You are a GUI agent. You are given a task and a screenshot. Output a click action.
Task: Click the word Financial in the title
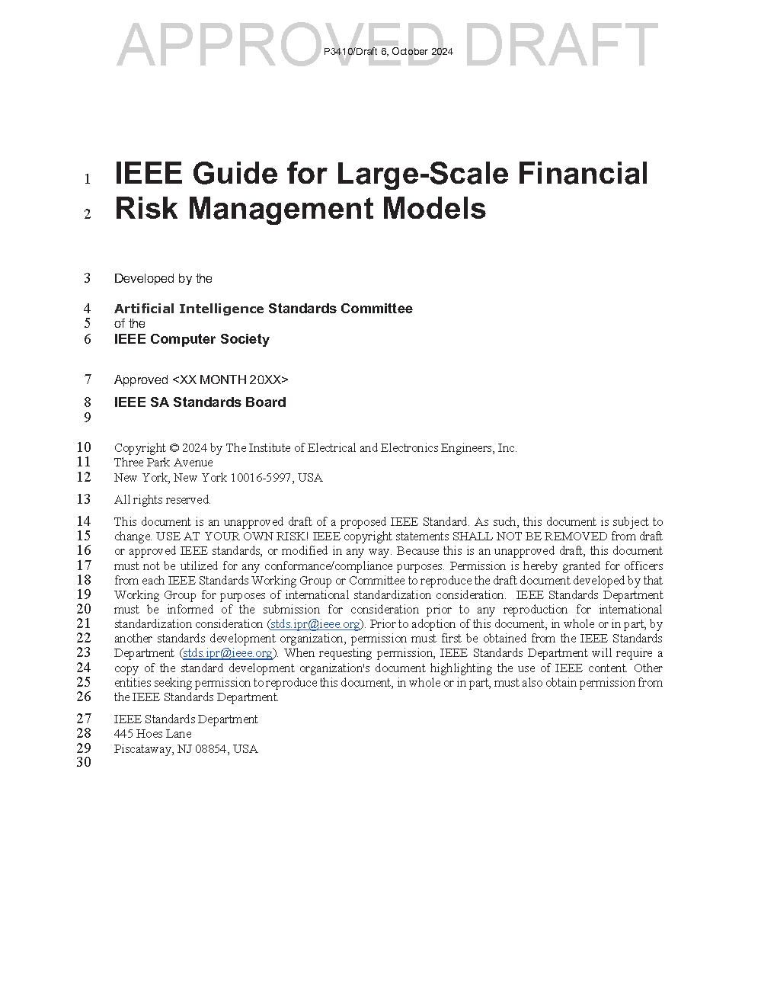[x=583, y=174]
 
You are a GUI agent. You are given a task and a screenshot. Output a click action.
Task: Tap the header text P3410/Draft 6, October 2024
[x=388, y=52]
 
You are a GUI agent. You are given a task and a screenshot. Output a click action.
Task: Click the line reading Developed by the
[x=163, y=279]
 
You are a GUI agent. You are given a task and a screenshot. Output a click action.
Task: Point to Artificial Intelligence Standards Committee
[x=263, y=309]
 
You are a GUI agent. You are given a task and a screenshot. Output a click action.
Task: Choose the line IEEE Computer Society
[x=191, y=339]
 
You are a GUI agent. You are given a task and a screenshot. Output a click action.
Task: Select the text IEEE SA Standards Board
[x=200, y=402]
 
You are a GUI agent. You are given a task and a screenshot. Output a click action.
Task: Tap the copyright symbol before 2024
[x=174, y=448]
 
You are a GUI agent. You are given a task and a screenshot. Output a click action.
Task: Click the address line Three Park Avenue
[x=163, y=463]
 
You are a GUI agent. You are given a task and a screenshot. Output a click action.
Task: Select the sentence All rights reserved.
[x=162, y=500]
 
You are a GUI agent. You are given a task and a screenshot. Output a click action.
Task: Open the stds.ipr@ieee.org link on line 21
[x=315, y=624]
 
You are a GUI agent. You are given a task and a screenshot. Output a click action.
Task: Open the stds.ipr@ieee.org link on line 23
[x=227, y=653]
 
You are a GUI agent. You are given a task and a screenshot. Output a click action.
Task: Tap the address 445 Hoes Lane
[x=152, y=734]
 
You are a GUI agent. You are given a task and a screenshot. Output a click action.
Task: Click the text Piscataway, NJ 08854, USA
[x=186, y=749]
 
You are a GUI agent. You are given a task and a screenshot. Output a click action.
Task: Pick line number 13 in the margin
[x=84, y=499]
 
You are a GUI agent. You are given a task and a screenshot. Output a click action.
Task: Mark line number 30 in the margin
[x=84, y=762]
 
